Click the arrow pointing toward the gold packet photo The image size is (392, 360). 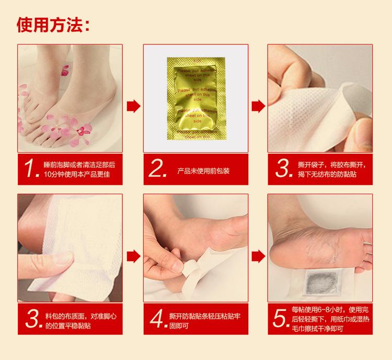click(134, 106)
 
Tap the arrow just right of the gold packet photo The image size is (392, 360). click(257, 106)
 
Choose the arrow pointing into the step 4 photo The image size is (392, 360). click(134, 256)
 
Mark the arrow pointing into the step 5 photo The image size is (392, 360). click(257, 256)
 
